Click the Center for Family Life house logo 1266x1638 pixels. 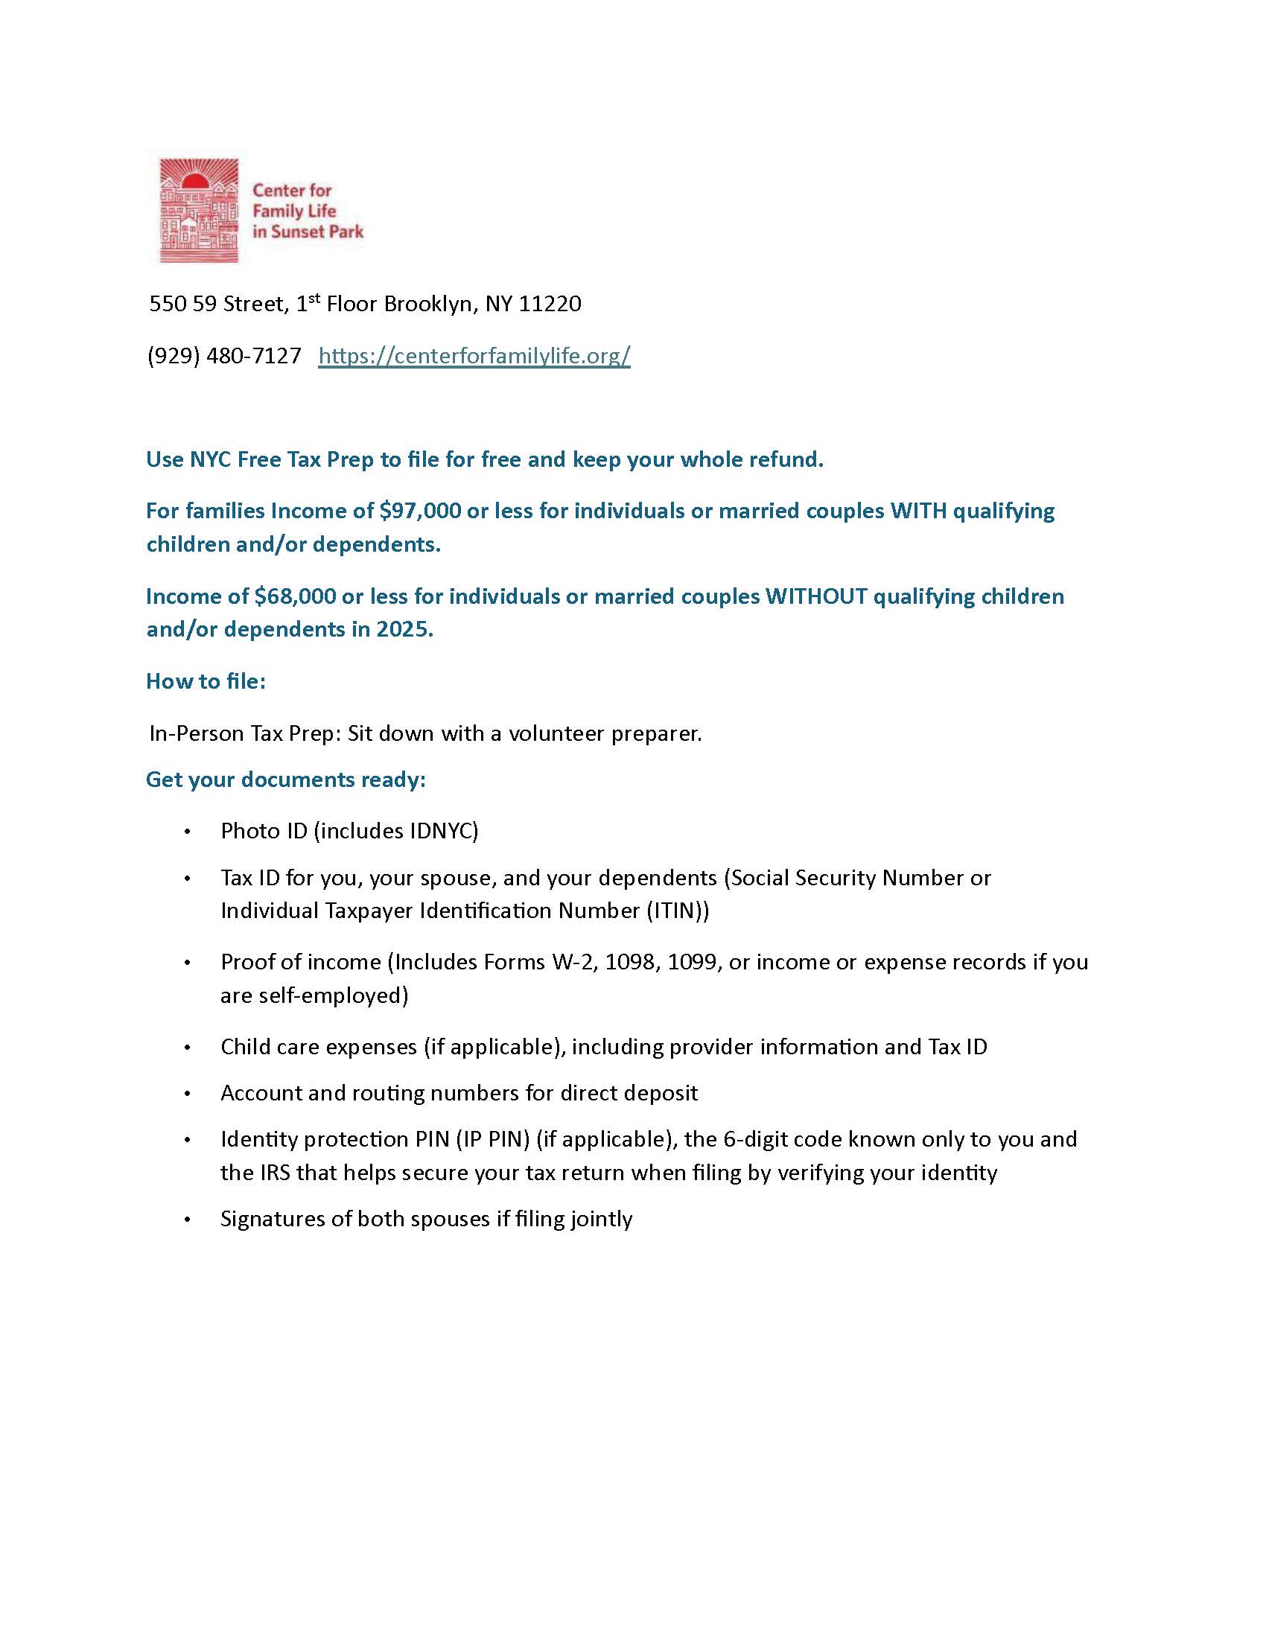coord(199,211)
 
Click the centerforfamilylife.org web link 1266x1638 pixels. coord(474,355)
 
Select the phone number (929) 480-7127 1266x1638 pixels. coord(224,355)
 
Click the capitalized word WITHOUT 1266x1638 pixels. coord(815,596)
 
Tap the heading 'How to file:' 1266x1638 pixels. coord(206,681)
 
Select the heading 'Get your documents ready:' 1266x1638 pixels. coord(286,780)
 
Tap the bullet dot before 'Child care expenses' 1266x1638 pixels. coord(188,1048)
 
